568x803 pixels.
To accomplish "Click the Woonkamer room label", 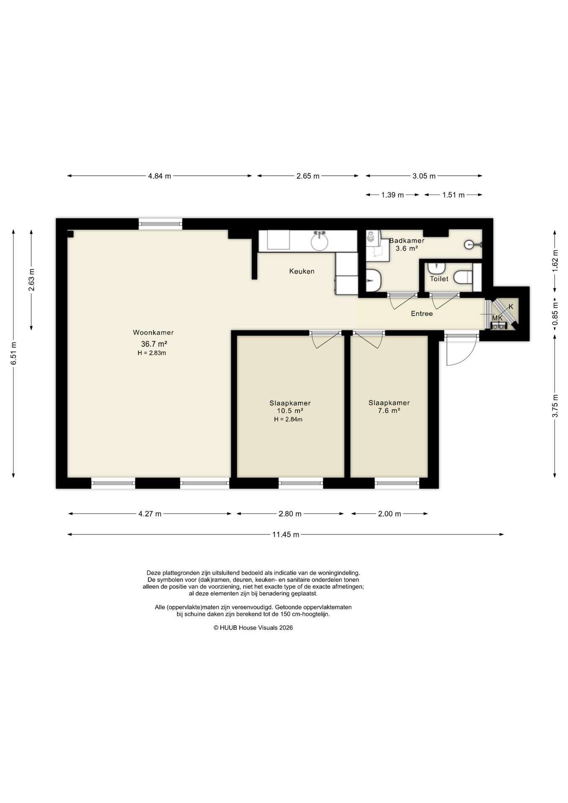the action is point(153,332).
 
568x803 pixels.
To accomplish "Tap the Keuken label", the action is point(302,271).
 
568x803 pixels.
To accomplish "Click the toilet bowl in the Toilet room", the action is point(463,277).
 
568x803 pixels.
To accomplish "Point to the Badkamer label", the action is point(407,240).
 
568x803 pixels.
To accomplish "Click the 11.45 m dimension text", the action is point(286,534).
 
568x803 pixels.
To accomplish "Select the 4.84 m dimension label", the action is point(159,176).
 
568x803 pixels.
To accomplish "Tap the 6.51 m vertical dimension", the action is point(13,353).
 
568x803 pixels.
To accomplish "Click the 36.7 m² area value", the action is point(154,344).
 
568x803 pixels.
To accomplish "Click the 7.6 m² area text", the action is point(389,411).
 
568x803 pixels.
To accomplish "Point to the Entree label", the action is point(422,314).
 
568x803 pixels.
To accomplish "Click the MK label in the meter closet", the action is point(497,318).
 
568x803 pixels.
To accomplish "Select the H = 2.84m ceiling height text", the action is point(288,419).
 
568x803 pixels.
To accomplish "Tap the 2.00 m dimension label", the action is point(389,514).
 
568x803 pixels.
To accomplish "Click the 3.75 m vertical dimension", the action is point(555,406).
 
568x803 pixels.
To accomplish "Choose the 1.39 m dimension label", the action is point(392,195).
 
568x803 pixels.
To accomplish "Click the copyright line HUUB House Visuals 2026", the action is point(253,628).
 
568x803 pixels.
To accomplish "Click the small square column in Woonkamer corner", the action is point(70,234).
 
